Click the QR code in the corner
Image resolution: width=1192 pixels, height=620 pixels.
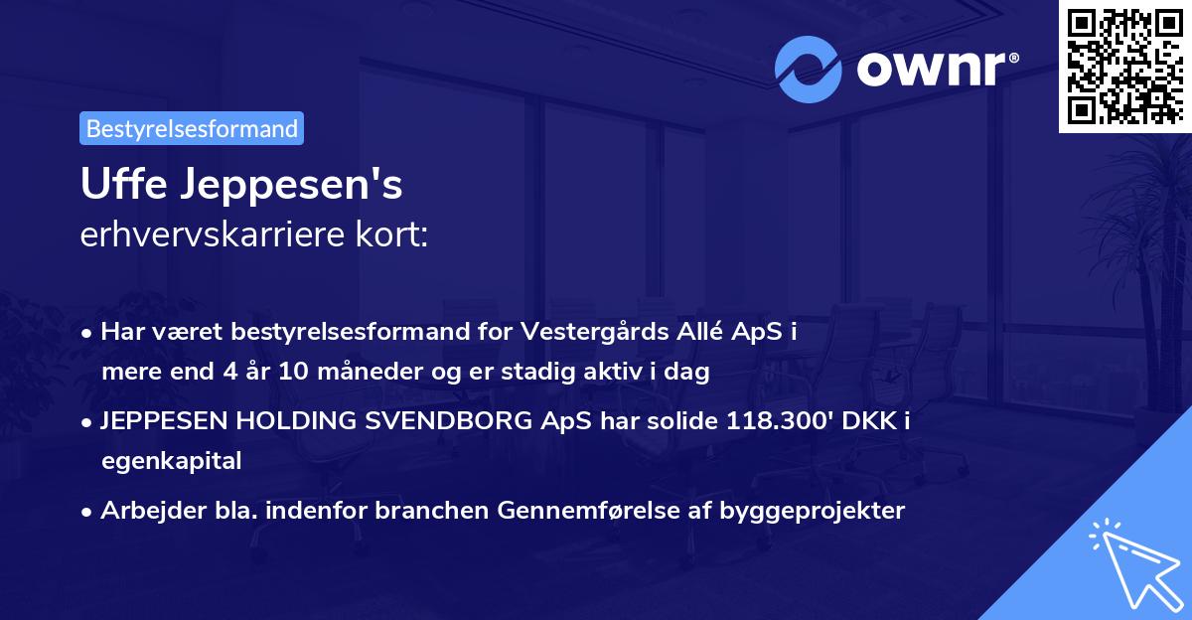[x=1124, y=66]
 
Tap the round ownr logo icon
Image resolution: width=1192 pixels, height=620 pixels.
[x=809, y=70]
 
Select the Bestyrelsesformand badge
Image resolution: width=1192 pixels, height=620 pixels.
[x=192, y=128]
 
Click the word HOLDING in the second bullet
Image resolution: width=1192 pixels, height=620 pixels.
[x=288, y=421]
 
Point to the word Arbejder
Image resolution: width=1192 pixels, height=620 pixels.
[x=146, y=511]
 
